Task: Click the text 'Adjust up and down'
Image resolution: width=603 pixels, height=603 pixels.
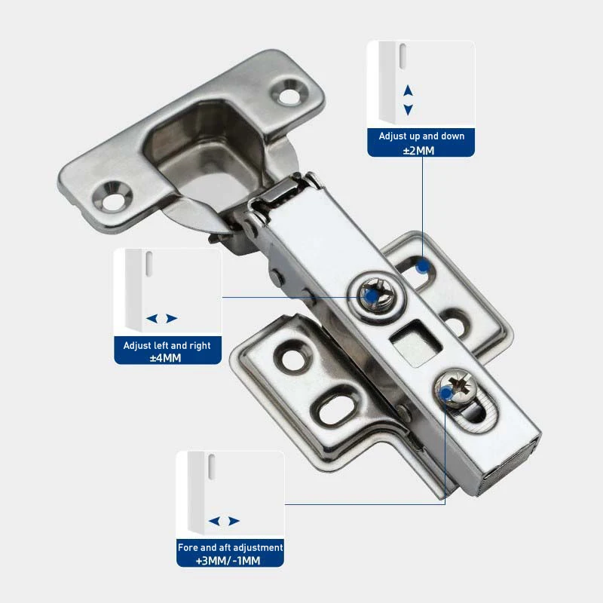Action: [x=421, y=136]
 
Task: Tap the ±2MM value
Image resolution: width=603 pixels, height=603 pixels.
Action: [x=421, y=150]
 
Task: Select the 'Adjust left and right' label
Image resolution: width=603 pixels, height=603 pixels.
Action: [x=167, y=345]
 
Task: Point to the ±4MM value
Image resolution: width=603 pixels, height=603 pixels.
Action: [x=167, y=358]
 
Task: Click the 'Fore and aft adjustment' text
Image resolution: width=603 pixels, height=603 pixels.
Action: [x=230, y=547]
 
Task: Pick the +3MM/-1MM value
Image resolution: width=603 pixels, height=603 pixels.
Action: [x=230, y=561]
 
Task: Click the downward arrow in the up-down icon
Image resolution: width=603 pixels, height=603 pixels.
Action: [x=408, y=109]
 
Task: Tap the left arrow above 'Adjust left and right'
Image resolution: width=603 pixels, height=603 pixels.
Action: [x=152, y=319]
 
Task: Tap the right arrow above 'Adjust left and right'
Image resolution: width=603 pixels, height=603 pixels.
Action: [x=172, y=319]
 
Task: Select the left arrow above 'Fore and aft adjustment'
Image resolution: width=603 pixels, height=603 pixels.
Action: [x=215, y=521]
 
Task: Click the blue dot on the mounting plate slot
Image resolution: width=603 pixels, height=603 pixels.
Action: [x=423, y=265]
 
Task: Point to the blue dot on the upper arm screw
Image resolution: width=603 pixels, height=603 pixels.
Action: [x=369, y=298]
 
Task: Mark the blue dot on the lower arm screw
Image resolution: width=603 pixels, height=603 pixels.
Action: [x=447, y=393]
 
